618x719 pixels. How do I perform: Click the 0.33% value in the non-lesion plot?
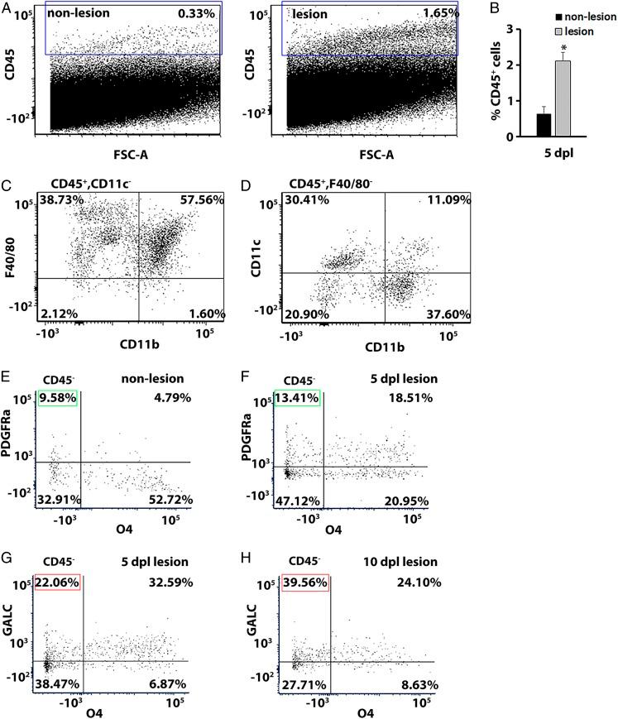tap(196, 15)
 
